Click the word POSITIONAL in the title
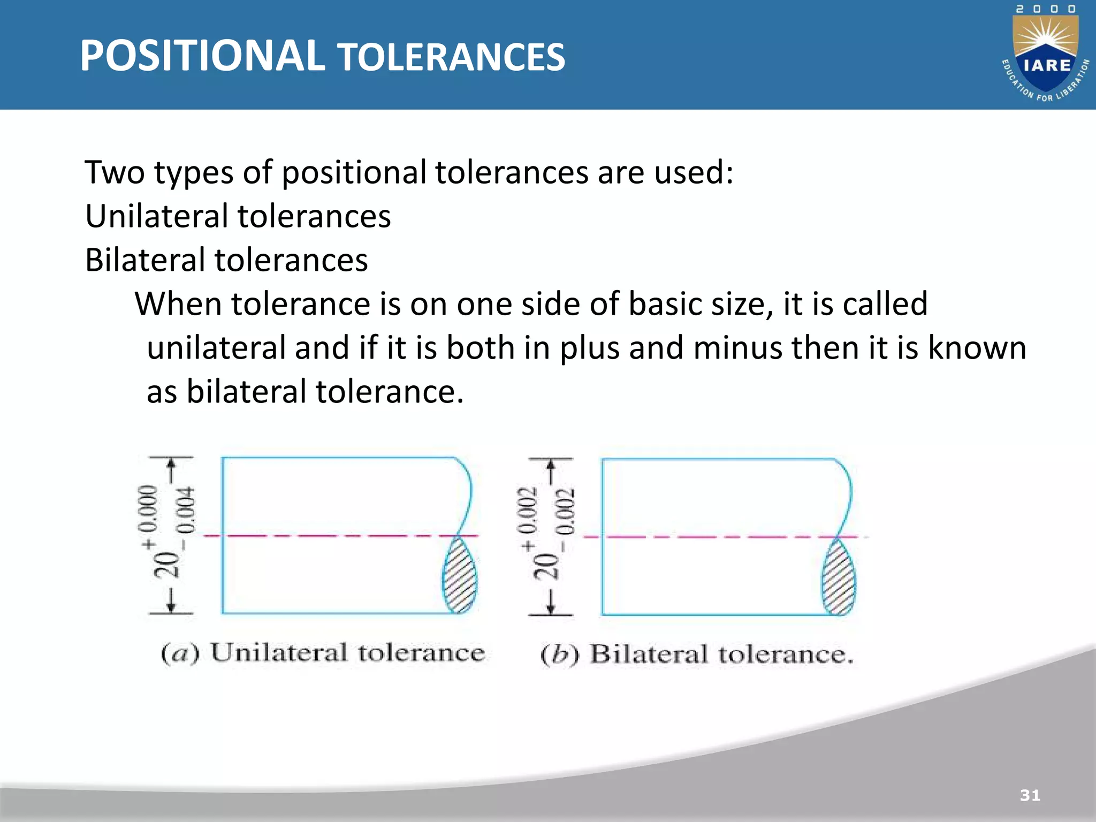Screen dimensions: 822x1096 point(202,56)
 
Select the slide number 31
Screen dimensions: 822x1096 point(1030,795)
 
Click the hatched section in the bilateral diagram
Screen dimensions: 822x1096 point(839,578)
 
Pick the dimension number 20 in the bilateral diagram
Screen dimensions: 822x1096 point(545,567)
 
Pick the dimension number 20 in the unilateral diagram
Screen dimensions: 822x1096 point(166,565)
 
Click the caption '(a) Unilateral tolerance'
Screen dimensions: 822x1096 point(323,653)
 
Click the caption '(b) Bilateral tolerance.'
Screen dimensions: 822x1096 point(697,655)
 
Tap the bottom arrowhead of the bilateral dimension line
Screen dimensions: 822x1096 point(551,608)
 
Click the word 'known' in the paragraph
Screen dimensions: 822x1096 point(977,348)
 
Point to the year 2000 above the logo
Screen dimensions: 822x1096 point(1046,9)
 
